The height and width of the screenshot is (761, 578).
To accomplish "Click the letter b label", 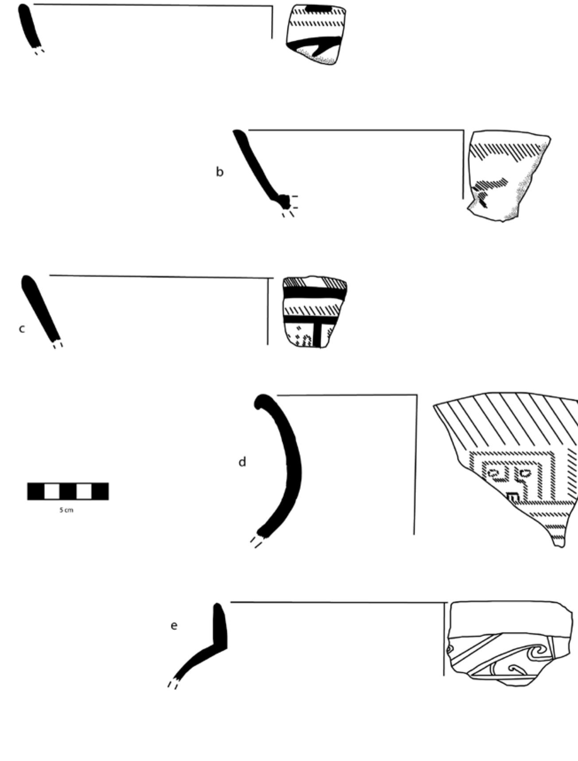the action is (220, 171).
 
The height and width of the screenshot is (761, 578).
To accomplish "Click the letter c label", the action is (22, 329).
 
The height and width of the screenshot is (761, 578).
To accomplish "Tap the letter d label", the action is (242, 462).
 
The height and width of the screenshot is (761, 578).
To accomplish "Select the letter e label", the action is (174, 625).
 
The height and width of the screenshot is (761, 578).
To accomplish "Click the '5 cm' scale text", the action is (66, 510).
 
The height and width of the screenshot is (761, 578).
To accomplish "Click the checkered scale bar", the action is (68, 491).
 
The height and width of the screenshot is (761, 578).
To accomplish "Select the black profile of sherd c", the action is (40, 310).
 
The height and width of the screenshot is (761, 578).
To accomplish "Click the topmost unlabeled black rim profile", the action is (28, 27).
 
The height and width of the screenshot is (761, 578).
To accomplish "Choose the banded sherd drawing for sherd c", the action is (314, 312).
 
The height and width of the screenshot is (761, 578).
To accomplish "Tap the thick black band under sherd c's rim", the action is (314, 292).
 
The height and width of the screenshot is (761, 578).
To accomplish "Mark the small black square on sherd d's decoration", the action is (512, 497).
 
